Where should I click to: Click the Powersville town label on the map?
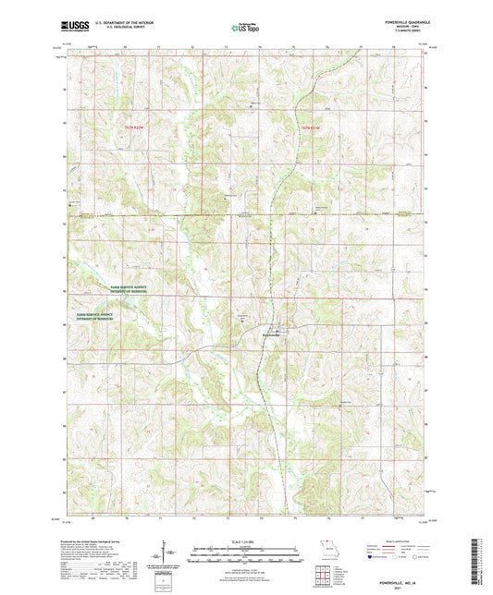point(276,334)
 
